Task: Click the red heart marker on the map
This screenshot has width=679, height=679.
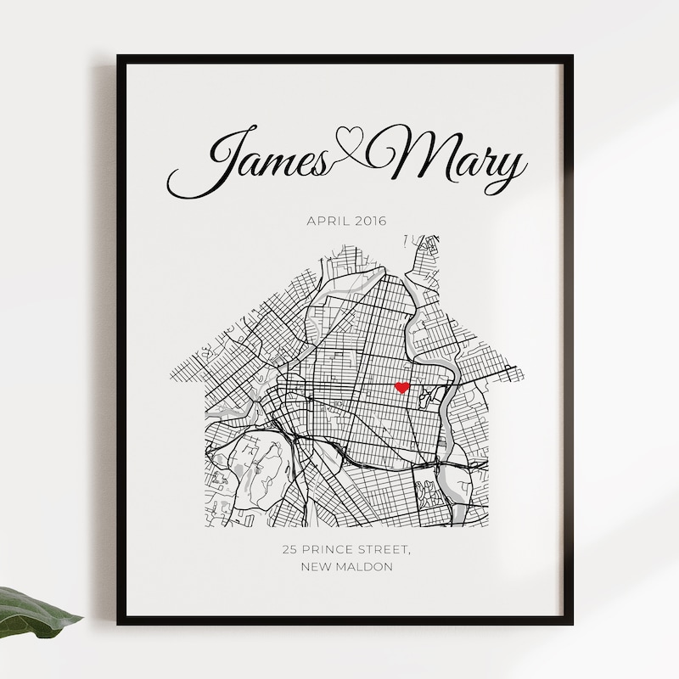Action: (402, 387)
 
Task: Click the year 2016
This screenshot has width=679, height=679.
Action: (370, 222)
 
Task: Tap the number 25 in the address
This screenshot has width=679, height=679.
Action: (290, 550)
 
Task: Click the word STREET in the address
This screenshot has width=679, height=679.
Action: (385, 550)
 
